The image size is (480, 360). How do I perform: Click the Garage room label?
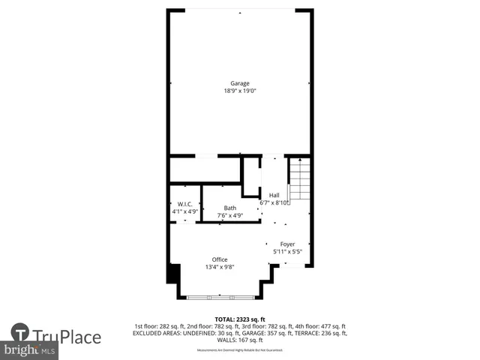click(x=240, y=83)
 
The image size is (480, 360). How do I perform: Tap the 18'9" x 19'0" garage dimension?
click(x=240, y=91)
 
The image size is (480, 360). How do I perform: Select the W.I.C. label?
click(x=184, y=204)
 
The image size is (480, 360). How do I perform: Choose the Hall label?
click(x=274, y=196)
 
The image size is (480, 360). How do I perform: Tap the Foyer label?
click(x=287, y=244)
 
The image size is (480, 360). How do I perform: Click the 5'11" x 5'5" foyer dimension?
click(x=287, y=251)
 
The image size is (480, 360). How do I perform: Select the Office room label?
click(x=219, y=259)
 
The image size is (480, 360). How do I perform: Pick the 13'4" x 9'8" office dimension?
click(x=220, y=267)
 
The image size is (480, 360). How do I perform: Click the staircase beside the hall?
click(x=300, y=179)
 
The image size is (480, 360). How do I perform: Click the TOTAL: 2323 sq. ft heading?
click(x=240, y=319)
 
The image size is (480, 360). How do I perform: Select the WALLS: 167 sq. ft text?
click(x=240, y=339)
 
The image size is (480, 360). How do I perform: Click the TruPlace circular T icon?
click(x=20, y=333)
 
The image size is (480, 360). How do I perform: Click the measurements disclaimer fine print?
click(x=240, y=350)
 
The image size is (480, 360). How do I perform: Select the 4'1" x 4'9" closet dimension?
click(x=184, y=211)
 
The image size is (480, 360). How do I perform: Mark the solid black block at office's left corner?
click(x=173, y=273)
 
